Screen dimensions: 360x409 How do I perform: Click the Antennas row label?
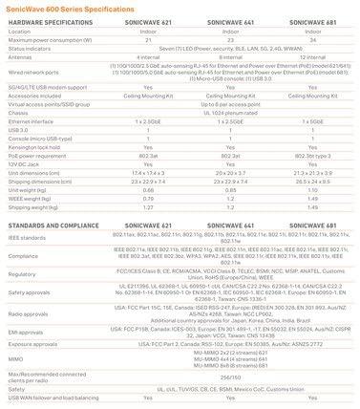[x=21, y=55]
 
